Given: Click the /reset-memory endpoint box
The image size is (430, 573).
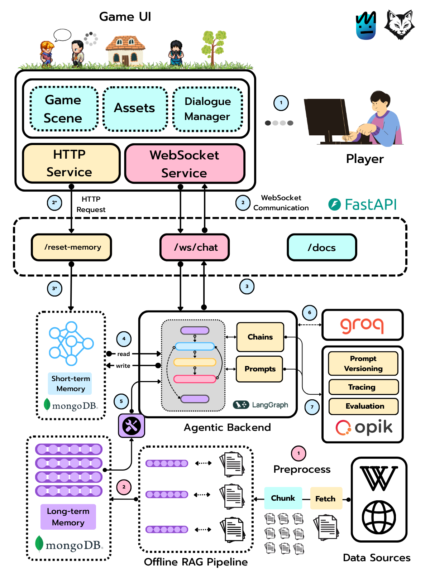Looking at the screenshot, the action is [x=71, y=247].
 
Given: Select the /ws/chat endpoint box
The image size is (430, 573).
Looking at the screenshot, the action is [x=195, y=247].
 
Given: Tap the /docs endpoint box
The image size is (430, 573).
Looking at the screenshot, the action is [x=322, y=247].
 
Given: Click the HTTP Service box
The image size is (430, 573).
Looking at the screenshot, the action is [x=71, y=163].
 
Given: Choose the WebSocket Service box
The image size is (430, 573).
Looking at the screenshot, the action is [x=185, y=163].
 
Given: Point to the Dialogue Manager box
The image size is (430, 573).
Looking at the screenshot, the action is [x=208, y=109].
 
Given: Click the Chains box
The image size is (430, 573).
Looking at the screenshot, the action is [x=260, y=337].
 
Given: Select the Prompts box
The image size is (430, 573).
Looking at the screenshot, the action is [x=259, y=369].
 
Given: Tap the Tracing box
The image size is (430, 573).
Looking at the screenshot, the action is [x=363, y=387].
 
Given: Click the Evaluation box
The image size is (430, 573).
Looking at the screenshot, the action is [x=363, y=406].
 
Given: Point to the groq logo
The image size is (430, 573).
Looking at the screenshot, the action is [x=362, y=326].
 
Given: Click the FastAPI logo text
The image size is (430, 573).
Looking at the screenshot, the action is [x=371, y=204].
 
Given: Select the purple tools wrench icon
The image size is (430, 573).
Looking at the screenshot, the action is [x=131, y=425].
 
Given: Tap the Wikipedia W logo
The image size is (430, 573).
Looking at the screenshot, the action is [x=378, y=478].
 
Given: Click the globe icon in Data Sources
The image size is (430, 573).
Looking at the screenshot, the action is [x=378, y=517].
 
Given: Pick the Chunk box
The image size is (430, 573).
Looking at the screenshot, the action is [x=283, y=498].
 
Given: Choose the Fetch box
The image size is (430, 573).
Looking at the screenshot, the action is [x=326, y=498].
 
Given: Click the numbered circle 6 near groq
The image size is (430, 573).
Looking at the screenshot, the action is [x=309, y=313].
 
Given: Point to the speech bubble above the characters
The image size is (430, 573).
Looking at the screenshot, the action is [x=62, y=35].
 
